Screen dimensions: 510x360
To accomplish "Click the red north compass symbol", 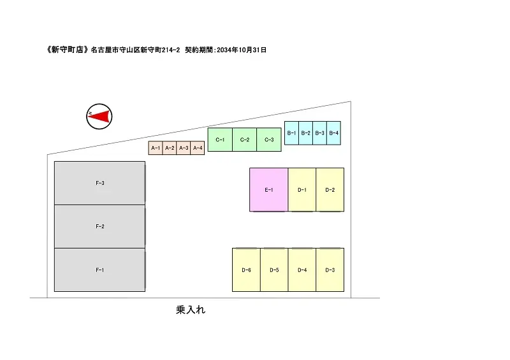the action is [99, 117].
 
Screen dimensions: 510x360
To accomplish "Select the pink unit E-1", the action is [268, 190].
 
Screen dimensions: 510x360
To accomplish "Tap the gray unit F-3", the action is [99, 183].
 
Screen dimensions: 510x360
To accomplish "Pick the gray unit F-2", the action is [99, 226].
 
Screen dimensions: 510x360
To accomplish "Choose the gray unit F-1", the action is [99, 270].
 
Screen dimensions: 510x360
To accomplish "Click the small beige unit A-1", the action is [156, 148].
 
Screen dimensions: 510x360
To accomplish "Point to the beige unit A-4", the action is [198, 148].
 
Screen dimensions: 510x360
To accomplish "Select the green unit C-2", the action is [245, 140].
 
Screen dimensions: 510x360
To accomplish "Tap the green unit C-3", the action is [269, 140].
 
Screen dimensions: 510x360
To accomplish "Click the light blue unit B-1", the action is [291, 133].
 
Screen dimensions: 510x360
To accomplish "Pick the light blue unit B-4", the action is [333, 133].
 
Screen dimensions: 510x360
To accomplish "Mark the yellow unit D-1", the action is [302, 190].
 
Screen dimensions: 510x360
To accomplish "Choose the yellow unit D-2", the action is [330, 190].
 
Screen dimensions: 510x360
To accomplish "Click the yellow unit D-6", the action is [246, 270].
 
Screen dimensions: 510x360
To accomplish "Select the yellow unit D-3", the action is [330, 270].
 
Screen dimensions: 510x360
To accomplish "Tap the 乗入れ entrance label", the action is [191, 310].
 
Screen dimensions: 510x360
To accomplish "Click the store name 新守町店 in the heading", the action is [68, 50].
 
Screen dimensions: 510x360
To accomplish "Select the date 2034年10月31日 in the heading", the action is [242, 50].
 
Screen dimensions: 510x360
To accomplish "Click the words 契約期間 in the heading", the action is [199, 50].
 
